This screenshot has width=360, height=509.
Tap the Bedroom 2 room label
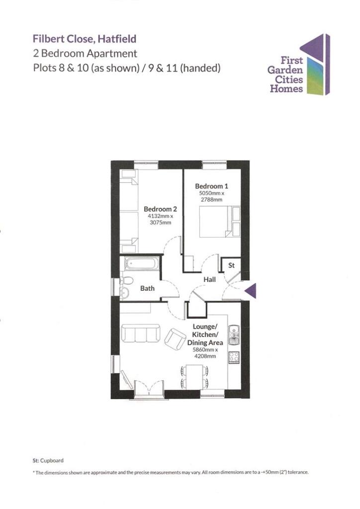(x=160, y=209)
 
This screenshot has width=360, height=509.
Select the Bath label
(x=147, y=288)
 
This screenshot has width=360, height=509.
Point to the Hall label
(x=209, y=280)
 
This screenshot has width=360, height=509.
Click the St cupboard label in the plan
(x=231, y=266)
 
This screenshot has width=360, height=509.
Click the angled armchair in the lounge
(x=175, y=338)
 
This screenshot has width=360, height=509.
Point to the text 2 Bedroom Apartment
(x=85, y=53)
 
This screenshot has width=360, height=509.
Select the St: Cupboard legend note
(x=48, y=460)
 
